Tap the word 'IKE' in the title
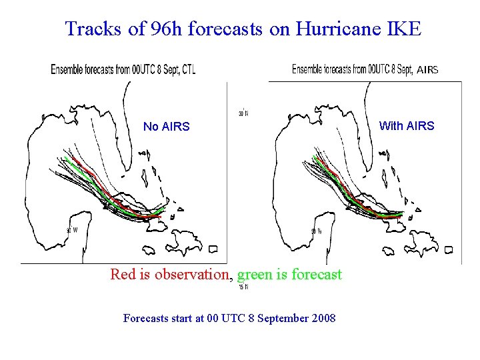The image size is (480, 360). [x=403, y=29]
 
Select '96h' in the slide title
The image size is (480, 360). [x=169, y=29]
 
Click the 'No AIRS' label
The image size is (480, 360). [x=166, y=127]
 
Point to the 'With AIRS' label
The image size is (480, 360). [x=406, y=125]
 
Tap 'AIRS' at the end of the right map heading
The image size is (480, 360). [x=427, y=70]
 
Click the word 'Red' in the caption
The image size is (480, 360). [x=123, y=274]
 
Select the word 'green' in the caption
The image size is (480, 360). [x=255, y=274]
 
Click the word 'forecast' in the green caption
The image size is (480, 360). [x=316, y=274]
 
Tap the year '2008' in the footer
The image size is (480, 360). [x=323, y=319]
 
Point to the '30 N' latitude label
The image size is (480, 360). [x=244, y=113]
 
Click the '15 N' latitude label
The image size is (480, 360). [x=243, y=288]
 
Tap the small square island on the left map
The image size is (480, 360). [x=213, y=249]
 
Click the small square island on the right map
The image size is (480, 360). [x=448, y=250]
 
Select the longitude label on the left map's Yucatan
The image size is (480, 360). [x=72, y=231]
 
